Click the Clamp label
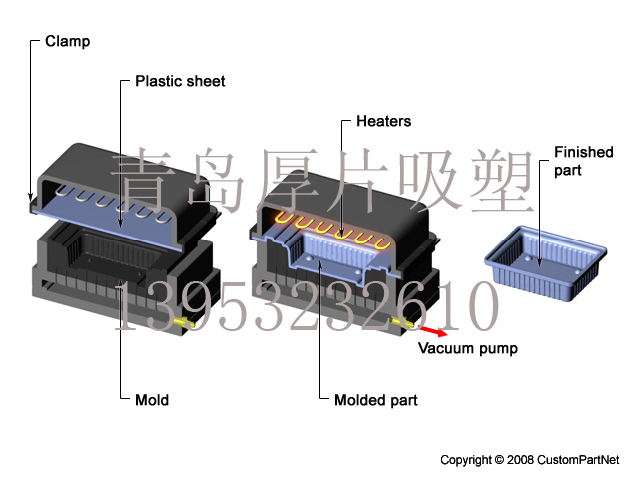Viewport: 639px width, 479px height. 67,42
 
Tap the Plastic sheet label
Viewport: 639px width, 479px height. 180,81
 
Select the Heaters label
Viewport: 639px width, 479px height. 383,121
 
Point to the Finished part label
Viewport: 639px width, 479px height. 583,161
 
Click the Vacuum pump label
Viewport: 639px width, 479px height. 468,348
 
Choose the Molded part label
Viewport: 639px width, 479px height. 376,400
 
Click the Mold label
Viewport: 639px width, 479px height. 152,400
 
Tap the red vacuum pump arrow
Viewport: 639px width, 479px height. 432,331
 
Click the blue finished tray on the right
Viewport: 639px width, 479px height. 546,262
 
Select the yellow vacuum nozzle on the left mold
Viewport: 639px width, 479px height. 184,322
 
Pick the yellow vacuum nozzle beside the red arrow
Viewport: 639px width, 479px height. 403,323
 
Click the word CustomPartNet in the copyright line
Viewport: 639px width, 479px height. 578,460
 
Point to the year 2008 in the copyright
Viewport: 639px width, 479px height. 520,460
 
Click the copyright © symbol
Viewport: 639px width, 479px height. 499,460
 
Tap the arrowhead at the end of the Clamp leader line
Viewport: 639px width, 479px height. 31,198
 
